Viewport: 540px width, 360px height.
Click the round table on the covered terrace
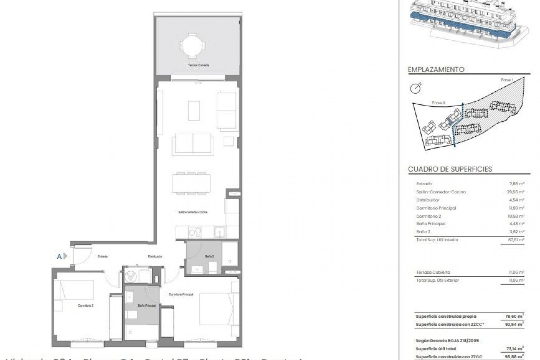tap(193, 45)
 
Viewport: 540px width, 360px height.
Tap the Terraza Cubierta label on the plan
tap(198, 65)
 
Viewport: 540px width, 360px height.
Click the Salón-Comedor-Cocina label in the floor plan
tap(193, 212)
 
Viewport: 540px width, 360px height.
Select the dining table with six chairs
tap(191, 183)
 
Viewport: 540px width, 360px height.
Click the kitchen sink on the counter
tap(219, 232)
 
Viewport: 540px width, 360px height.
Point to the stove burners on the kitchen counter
tap(195, 232)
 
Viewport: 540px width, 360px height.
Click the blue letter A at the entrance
tap(59, 256)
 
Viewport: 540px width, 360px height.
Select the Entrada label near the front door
tap(103, 256)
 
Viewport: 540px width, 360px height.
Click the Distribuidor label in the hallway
tap(155, 256)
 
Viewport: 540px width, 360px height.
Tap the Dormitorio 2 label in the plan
tap(86, 305)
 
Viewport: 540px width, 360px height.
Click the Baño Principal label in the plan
tap(147, 305)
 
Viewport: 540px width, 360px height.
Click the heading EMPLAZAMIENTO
tap(436, 69)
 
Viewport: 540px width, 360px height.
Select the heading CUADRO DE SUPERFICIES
tap(450, 169)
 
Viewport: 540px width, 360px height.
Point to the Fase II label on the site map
tap(438, 103)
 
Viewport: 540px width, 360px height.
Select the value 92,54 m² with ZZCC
tap(516, 324)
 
